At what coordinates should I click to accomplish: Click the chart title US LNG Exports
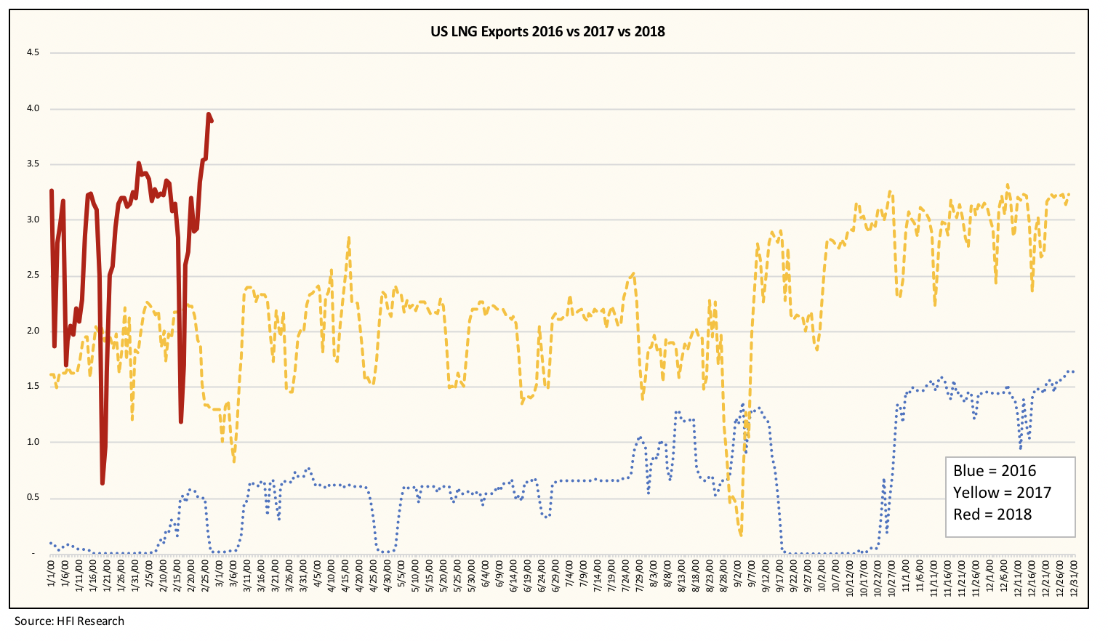pyautogui.click(x=546, y=31)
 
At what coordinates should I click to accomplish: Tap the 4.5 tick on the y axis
pyautogui.click(x=33, y=53)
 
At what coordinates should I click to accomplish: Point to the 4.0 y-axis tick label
pyautogui.click(x=33, y=108)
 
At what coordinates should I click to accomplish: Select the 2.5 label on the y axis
pyautogui.click(x=33, y=275)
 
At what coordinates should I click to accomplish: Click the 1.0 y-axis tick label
pyautogui.click(x=33, y=442)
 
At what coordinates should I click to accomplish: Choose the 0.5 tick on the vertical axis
pyautogui.click(x=33, y=498)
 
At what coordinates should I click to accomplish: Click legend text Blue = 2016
pyautogui.click(x=994, y=471)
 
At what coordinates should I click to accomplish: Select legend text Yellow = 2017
pyautogui.click(x=1002, y=493)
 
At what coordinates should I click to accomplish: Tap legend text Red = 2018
pyautogui.click(x=992, y=515)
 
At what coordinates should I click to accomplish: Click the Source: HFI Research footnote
pyautogui.click(x=69, y=621)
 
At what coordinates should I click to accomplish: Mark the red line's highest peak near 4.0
pyautogui.click(x=209, y=114)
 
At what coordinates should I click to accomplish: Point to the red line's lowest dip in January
pyautogui.click(x=103, y=483)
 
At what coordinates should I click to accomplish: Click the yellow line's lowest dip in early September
pyautogui.click(x=740, y=534)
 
